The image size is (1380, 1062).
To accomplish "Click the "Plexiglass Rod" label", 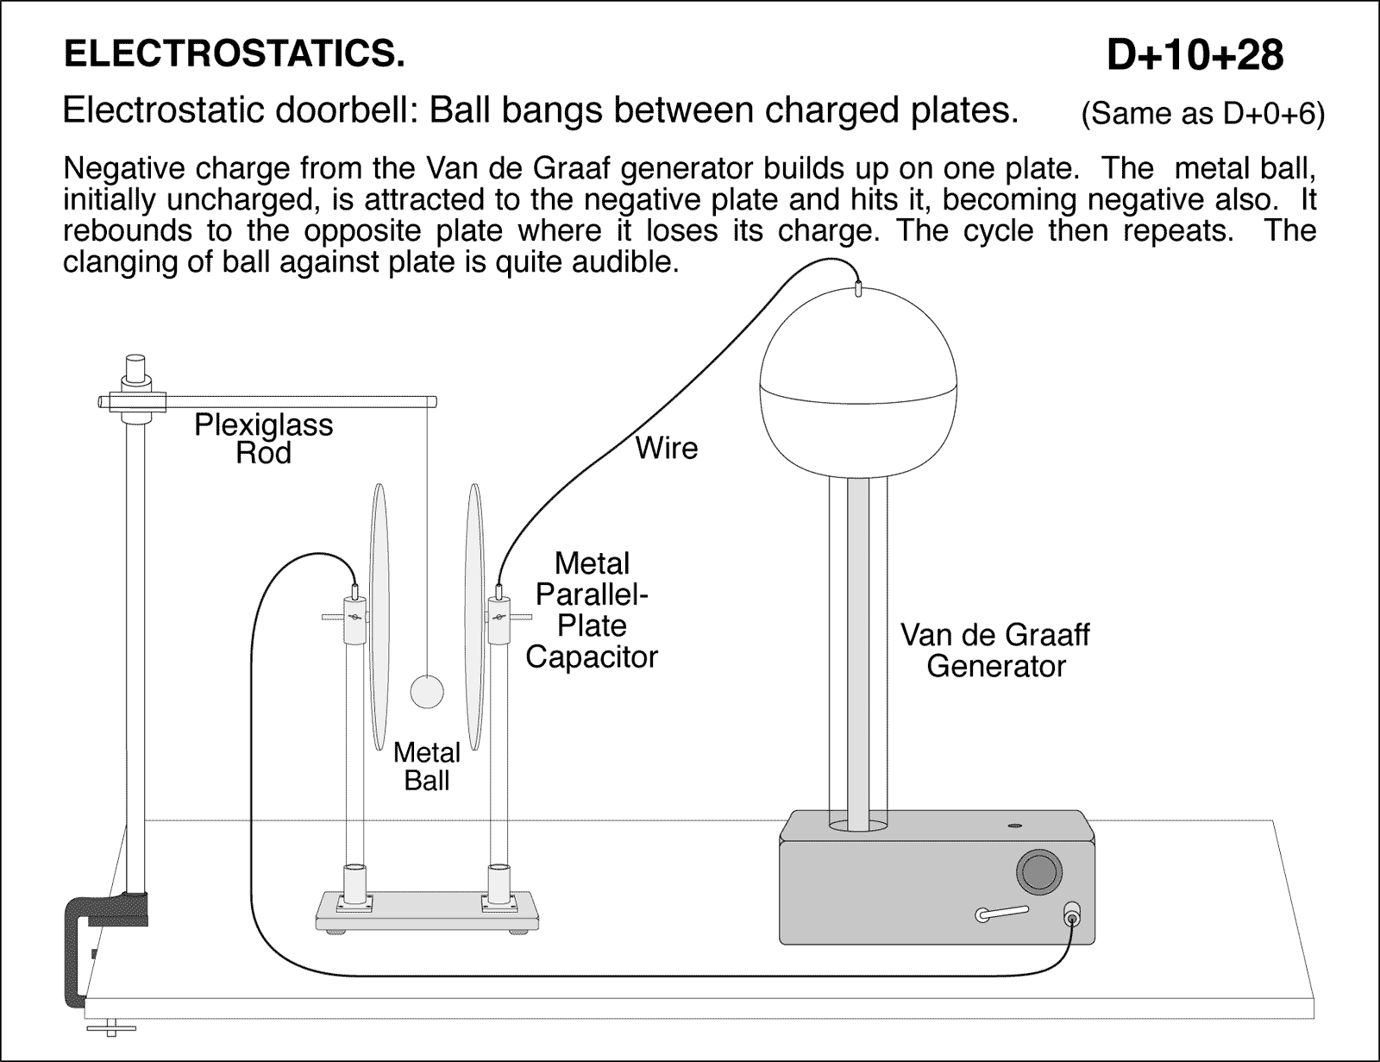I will click(x=263, y=438).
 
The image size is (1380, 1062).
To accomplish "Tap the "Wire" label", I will click(x=666, y=448).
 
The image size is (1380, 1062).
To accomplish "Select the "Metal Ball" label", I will click(x=426, y=766).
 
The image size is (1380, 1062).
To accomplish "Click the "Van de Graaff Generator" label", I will click(x=995, y=650).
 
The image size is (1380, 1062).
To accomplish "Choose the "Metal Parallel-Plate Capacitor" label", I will click(x=592, y=610).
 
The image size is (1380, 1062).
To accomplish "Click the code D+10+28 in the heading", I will click(x=1195, y=56).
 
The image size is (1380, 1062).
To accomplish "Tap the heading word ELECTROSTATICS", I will click(x=235, y=54).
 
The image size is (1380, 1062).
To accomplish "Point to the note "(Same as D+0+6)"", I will click(x=1202, y=114).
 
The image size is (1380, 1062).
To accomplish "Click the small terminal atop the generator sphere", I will click(x=858, y=289).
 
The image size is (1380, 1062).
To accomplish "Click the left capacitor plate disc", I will click(x=379, y=617).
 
